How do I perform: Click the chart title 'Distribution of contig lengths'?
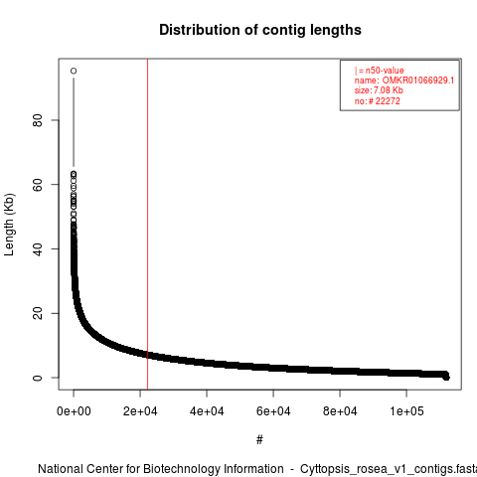tap(260, 30)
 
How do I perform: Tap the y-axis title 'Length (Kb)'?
tap(9, 225)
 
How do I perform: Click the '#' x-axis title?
tap(259, 440)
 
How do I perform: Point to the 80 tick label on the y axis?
tap(38, 120)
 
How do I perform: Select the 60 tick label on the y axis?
tap(38, 185)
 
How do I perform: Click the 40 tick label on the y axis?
tap(38, 249)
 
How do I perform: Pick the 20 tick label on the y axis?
tap(38, 313)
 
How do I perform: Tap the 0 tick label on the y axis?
tap(38, 378)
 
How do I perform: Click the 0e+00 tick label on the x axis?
tap(74, 411)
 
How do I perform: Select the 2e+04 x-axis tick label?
tap(140, 411)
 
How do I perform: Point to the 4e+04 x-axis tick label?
tap(207, 411)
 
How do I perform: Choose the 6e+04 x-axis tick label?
tap(273, 411)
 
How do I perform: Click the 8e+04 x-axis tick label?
tap(340, 411)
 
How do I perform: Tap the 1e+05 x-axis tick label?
tap(406, 411)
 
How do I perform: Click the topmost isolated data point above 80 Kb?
tap(74, 71)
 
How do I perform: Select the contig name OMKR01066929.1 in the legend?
tap(418, 80)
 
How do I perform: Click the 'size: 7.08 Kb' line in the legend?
tap(379, 90)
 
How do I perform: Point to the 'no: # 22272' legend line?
tap(378, 101)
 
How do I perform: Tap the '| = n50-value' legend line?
tap(380, 71)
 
